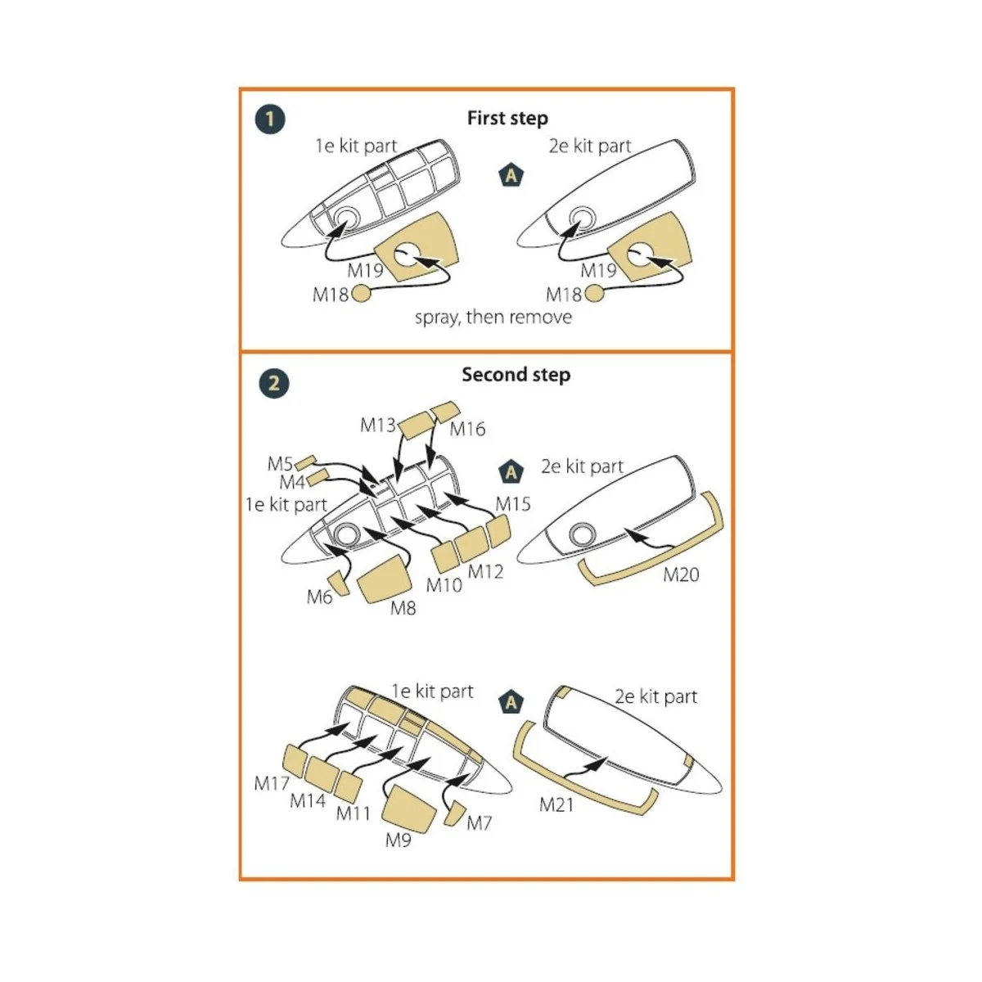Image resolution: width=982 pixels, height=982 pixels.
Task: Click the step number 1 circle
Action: pyautogui.click(x=270, y=119)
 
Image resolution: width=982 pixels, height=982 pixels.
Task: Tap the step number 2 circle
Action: pyautogui.click(x=274, y=384)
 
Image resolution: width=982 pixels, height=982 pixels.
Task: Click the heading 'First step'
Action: pyautogui.click(x=507, y=119)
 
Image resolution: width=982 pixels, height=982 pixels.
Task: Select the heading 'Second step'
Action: pyautogui.click(x=516, y=375)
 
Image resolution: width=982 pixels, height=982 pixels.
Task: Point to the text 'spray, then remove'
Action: pyautogui.click(x=493, y=318)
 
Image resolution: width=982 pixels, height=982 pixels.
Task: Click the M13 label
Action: pyautogui.click(x=377, y=425)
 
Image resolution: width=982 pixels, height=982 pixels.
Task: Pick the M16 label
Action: pyautogui.click(x=467, y=429)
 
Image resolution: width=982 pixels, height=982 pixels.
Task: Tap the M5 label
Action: pyautogui.click(x=280, y=464)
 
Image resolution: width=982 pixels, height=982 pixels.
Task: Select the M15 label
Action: pyautogui.click(x=513, y=504)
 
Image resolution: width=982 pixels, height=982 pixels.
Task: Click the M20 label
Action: pyautogui.click(x=681, y=575)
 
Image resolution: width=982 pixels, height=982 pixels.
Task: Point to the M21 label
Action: pyautogui.click(x=556, y=805)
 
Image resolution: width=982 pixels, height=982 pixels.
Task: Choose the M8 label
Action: pyautogui.click(x=403, y=608)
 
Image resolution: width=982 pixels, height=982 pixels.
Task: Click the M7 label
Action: pyautogui.click(x=480, y=823)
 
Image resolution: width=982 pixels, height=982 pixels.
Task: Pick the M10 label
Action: pyautogui.click(x=444, y=585)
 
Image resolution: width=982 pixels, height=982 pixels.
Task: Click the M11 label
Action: pyautogui.click(x=354, y=813)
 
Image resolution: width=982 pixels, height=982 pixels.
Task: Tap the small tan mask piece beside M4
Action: pyautogui.click(x=318, y=476)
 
